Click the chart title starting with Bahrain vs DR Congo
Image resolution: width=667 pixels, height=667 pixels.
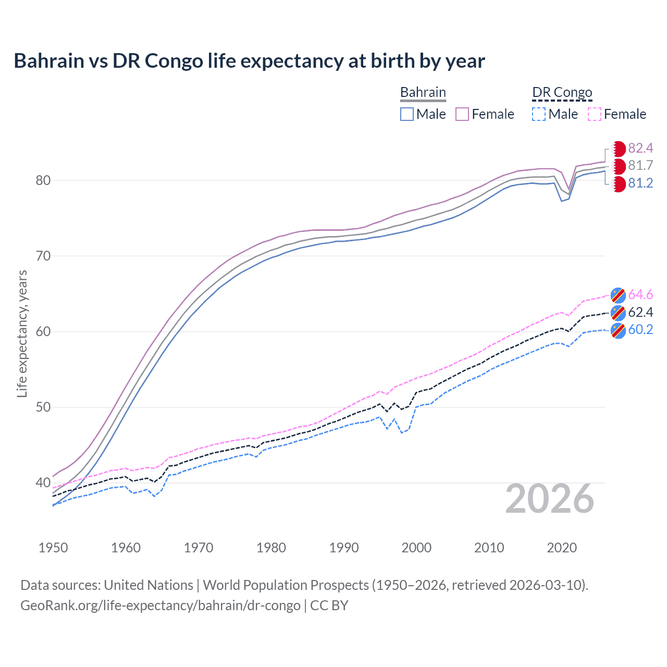249,61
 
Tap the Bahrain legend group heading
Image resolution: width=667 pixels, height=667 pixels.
423,92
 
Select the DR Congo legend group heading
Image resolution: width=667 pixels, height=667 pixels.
562,92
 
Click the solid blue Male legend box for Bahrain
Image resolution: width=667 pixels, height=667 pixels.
407,114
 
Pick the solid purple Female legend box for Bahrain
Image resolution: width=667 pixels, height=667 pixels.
462,114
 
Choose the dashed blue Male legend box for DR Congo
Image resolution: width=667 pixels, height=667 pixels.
539,114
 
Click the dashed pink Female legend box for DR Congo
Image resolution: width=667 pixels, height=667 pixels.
594,114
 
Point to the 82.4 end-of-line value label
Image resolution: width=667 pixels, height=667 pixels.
640,149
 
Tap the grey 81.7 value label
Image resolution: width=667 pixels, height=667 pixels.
640,166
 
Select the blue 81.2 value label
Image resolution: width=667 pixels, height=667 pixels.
640,183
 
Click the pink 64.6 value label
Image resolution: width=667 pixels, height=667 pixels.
640,295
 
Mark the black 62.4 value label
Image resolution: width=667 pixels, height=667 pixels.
640,312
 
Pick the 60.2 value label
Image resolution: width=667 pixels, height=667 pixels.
640,330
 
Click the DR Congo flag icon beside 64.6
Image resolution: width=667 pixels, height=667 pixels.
618,295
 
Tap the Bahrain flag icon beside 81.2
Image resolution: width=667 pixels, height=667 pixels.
618,184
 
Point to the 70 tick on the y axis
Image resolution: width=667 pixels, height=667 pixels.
43,256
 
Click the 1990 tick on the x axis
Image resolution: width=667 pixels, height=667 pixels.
344,548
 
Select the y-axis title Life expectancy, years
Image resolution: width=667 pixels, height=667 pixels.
22,333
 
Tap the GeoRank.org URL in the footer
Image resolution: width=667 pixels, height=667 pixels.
160,606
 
